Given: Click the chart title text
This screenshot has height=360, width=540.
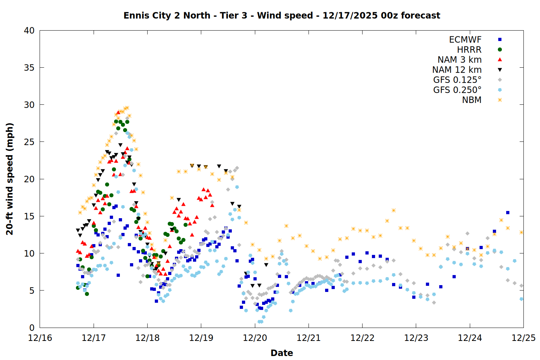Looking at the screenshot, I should pos(282,15).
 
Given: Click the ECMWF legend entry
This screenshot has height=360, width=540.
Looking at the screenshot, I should pos(465,40).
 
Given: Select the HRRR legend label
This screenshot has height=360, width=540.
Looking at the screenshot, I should pos(469,50).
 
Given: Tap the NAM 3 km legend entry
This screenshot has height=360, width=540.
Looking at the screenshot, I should pos(459,60).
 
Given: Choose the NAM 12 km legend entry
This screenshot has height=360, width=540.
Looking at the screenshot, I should pos(457,70).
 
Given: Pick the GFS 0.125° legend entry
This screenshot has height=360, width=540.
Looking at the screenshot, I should pos(457,80).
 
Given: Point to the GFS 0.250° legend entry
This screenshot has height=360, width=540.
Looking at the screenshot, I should pos(457,90).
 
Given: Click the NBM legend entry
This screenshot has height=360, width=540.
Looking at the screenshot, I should pos(472,100).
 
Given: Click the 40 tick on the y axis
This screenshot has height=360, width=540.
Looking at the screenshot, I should pos(29,31).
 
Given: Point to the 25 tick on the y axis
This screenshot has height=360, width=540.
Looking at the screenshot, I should pos(29,142).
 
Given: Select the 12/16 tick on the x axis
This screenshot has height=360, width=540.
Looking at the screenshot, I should pos(40,338).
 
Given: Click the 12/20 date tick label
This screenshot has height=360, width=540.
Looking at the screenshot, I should pos(255,338).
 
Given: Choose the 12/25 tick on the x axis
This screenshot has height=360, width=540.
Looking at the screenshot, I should pos(523,338).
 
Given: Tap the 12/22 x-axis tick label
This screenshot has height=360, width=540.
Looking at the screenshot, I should pos(362,338).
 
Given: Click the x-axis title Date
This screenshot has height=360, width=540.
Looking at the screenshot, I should pos(282,353).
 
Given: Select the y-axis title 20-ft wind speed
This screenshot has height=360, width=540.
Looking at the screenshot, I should pos(10,179).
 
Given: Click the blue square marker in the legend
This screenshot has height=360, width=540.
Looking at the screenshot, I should pos(500,40).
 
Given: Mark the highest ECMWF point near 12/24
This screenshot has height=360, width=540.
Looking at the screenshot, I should pos(508,212).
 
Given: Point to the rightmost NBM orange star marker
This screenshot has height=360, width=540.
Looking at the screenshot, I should pos(521,232).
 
